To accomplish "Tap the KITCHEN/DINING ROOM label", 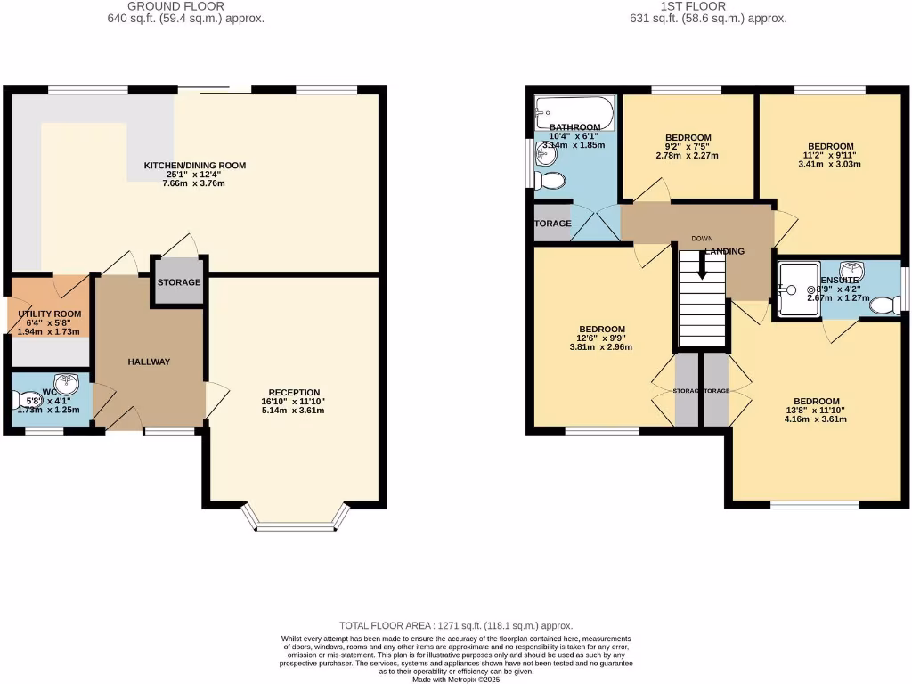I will tap(195, 166).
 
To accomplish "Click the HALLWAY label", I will tap(149, 362).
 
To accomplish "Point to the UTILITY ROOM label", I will tap(49, 314).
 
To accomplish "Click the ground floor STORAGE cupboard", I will tap(179, 282).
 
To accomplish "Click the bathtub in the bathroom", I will tap(574, 114).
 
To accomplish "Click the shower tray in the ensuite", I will tap(797, 289).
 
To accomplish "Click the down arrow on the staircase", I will tap(702, 266).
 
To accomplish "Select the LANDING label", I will tap(725, 252).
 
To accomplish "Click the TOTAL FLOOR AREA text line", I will tap(455, 626).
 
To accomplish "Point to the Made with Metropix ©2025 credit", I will tap(455, 680).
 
